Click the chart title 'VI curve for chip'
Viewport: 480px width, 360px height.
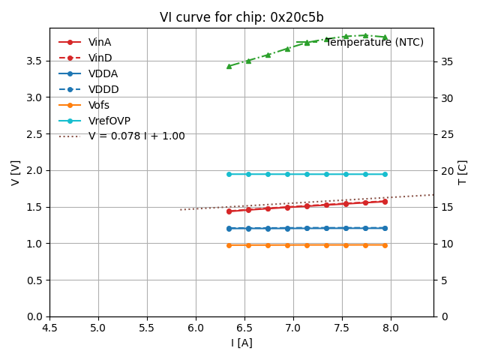(x=241, y=17)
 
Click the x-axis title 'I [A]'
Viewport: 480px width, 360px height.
(x=241, y=343)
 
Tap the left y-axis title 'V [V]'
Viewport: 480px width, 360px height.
(x=16, y=172)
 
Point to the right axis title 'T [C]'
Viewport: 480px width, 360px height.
(x=463, y=172)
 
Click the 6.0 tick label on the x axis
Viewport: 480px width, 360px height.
(x=196, y=328)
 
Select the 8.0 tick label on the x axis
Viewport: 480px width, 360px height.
(x=391, y=328)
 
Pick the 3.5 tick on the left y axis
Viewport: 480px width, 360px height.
(x=35, y=61)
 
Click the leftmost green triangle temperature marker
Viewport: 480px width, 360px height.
(x=229, y=66)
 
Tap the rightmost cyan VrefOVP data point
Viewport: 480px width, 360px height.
(x=385, y=174)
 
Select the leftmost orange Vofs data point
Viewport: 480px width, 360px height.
(x=229, y=245)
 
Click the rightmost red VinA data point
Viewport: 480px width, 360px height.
(x=385, y=201)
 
